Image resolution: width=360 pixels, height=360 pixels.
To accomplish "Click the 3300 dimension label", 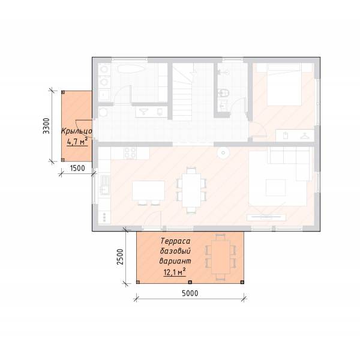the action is point(46,126).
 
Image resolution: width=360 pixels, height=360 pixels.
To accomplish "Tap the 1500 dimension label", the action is point(77,168).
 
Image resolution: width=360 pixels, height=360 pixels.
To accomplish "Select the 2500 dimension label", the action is point(120,257).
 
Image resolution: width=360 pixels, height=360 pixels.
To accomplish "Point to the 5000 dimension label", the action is point(190,293).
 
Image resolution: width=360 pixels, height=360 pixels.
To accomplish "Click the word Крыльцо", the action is point(77,131).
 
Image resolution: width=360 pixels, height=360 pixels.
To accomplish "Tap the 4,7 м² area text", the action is point(77,142).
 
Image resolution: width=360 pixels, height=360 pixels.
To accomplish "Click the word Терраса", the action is point(175,241).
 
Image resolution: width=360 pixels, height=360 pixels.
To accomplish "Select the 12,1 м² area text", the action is point(175,272).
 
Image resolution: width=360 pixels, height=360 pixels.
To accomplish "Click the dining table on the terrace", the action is point(221,257).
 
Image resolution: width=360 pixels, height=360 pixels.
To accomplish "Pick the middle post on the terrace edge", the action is point(190,282).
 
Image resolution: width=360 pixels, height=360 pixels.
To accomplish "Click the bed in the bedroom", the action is point(284,85).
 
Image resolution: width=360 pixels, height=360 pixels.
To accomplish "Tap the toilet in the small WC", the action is point(224,93).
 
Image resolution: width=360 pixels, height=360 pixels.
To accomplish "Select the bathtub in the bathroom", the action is point(131,68).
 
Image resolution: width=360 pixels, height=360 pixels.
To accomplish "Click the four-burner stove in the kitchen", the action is point(130,153).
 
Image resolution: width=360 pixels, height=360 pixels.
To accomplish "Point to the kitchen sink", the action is point(105,185).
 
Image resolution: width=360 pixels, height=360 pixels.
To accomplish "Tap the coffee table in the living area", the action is point(276,188).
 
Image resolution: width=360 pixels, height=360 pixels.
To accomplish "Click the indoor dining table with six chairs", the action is point(191,190).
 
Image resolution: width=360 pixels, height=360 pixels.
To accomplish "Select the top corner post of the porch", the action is point(64,92).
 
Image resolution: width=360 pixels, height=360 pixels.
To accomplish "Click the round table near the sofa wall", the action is point(223,153).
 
